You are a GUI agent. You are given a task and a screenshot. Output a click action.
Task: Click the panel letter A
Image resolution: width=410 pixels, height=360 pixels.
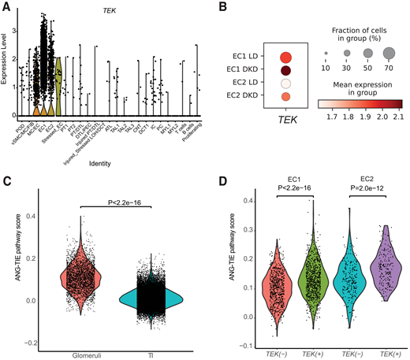[6, 9]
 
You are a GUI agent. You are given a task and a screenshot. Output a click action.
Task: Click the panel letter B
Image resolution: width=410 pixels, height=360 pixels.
[222, 9]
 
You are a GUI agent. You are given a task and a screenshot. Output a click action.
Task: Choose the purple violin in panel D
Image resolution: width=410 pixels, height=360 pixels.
[381, 268]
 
